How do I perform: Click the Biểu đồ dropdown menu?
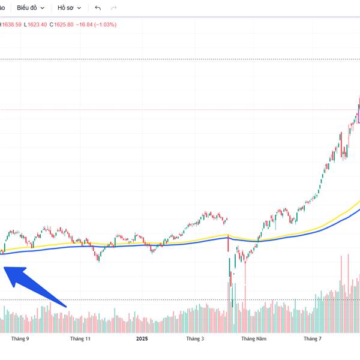click(x=30, y=8)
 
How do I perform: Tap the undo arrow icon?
click(x=98, y=8)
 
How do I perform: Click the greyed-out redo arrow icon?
click(x=113, y=8)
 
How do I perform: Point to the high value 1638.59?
click(x=11, y=25)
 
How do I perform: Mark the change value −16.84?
click(x=87, y=25)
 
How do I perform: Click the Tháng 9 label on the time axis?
click(x=20, y=338)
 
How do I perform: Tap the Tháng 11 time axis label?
click(x=80, y=338)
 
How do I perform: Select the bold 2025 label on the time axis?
click(x=142, y=338)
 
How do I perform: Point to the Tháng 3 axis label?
click(x=194, y=338)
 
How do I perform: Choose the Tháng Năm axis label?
click(x=253, y=338)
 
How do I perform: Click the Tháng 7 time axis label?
click(x=312, y=338)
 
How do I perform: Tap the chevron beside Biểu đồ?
click(x=42, y=8)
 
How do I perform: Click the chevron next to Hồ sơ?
click(x=79, y=8)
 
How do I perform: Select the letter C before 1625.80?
click(x=51, y=25)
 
